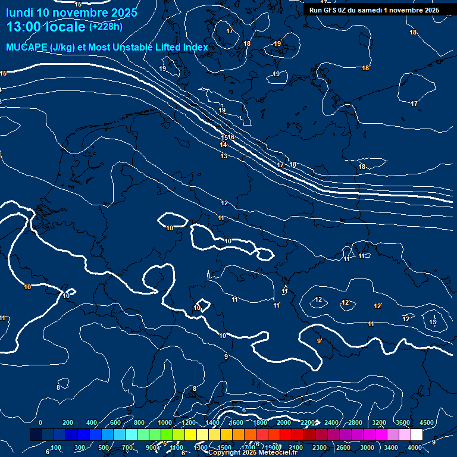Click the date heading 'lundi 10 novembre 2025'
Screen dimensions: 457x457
click(71, 12)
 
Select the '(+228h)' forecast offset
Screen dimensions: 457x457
click(106, 27)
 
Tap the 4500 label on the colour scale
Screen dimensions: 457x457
click(427, 422)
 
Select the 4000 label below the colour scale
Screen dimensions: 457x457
click(415, 447)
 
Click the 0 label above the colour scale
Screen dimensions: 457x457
click(40, 422)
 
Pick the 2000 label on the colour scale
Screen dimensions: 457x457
click(284, 422)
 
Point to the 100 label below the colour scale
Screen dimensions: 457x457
click(56, 447)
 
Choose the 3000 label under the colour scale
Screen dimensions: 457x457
click(367, 447)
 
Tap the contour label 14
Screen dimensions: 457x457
click(223, 145)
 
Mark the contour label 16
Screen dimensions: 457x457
click(231, 137)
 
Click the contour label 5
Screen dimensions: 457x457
click(165, 443)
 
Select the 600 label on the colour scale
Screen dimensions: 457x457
click(115, 422)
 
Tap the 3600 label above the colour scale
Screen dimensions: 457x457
click(403, 422)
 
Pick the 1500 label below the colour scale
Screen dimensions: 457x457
click(224, 447)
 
